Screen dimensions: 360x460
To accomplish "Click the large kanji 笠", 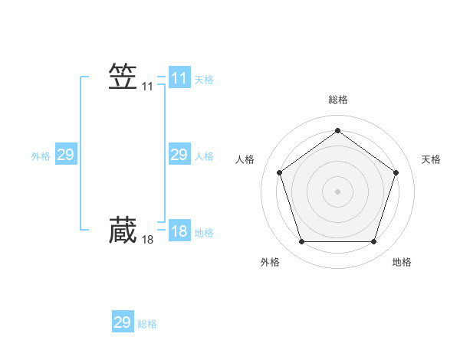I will pos(123,77).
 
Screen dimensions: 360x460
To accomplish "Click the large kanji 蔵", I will pos(123,230).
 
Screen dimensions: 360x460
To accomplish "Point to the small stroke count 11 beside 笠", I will pos(148,87).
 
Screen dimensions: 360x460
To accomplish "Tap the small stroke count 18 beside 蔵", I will pos(148,240).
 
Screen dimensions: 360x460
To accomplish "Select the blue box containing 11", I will pos(179,78).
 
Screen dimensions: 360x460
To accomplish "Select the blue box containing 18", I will pos(179,231).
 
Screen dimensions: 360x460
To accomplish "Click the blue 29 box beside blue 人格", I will pos(179,155).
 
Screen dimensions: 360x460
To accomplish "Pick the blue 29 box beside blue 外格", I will pos(65,155).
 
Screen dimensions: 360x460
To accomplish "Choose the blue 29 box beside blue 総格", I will pos(123,322).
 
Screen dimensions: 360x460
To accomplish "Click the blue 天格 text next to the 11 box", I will pos(204,79).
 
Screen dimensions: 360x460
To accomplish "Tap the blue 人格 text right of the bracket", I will pos(204,156).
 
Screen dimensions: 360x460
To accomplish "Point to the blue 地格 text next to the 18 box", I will pos(204,232).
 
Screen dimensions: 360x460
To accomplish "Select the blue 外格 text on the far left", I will pos(41,156).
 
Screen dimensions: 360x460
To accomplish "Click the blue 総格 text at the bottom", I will pos(147,324).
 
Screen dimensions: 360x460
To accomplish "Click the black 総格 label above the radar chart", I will pos(337,100).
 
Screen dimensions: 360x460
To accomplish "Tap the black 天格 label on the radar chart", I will pos(431,159).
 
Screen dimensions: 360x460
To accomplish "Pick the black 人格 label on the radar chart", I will pos(245,159).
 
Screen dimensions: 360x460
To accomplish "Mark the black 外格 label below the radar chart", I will pos(270,262).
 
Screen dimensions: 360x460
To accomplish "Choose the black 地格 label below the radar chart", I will pos(402,262).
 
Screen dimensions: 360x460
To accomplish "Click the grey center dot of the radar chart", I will pos(337,191).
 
